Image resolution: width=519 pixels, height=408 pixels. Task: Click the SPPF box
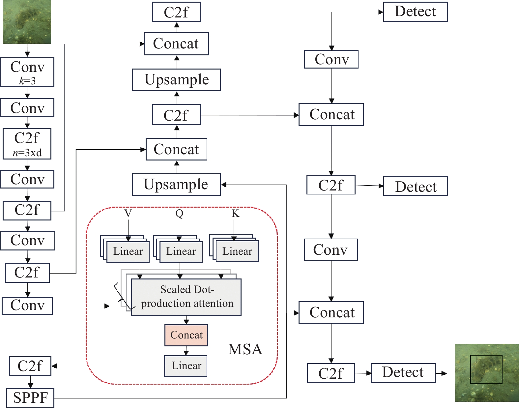click(30, 397)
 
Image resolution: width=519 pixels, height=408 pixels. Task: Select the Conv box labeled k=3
click(27, 72)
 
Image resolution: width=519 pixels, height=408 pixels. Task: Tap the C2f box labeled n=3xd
click(27, 144)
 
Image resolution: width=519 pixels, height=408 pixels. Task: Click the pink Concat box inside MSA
click(186, 335)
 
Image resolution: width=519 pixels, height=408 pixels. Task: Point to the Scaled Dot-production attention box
click(186, 297)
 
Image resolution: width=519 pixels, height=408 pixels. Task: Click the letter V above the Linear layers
click(128, 213)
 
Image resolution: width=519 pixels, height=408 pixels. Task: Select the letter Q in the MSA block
click(179, 213)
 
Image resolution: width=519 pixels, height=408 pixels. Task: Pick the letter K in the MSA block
click(235, 213)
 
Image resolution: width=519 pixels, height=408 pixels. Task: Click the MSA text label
click(245, 349)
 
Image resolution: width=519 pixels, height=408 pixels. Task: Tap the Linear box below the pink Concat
click(186, 366)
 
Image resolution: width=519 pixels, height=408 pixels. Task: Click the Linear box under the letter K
click(237, 251)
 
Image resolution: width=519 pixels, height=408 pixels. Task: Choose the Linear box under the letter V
click(128, 251)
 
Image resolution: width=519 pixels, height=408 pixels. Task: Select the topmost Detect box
click(415, 12)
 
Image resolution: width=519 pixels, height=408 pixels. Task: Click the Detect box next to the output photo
click(403, 373)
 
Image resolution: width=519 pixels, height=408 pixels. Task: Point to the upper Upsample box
click(176, 80)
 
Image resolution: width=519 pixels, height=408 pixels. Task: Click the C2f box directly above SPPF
click(30, 366)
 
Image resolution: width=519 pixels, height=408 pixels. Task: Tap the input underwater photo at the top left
click(27, 22)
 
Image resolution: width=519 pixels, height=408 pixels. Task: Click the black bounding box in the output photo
click(486, 369)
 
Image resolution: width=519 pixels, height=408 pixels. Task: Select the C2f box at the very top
click(176, 12)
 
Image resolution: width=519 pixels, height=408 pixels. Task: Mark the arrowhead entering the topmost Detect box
click(381, 12)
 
